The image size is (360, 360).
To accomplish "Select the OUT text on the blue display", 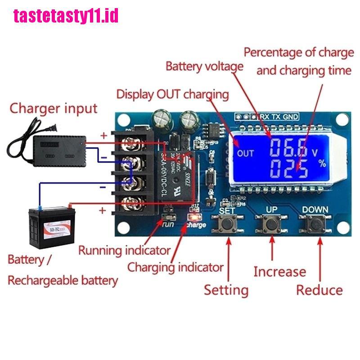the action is click(246, 153).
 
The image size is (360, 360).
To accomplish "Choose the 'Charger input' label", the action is click(54, 108).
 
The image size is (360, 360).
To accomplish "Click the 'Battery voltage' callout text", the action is click(204, 67).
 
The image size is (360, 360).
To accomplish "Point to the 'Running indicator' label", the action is click(124, 250).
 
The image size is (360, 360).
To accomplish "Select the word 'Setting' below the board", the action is click(226, 289).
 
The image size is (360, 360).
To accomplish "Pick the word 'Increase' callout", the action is click(279, 271).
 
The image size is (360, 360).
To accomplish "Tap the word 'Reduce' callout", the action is click(319, 290).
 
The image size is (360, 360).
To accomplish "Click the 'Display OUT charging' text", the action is click(172, 94).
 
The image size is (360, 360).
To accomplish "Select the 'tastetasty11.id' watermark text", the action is click(66, 16).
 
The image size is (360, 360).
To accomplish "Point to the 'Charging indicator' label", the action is click(175, 267).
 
